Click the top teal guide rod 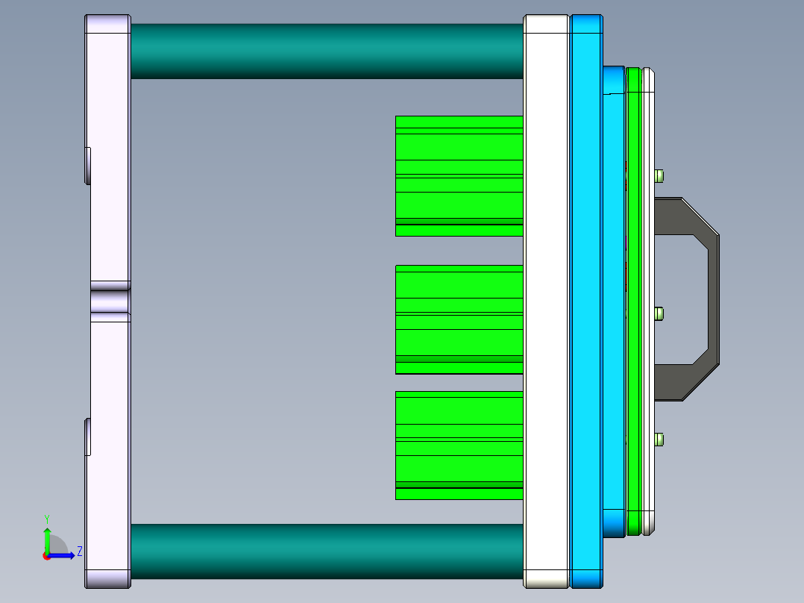(327, 51)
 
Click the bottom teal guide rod (327, 551)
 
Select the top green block (459, 175)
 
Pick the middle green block (459, 319)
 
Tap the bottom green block (459, 445)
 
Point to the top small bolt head (659, 176)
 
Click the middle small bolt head (659, 313)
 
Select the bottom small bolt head (659, 439)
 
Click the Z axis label (80, 552)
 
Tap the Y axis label (47, 518)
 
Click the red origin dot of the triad (47, 555)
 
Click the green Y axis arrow (47, 537)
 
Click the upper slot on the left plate (87, 165)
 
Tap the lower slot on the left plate (87, 437)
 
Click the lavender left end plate (109, 224)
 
